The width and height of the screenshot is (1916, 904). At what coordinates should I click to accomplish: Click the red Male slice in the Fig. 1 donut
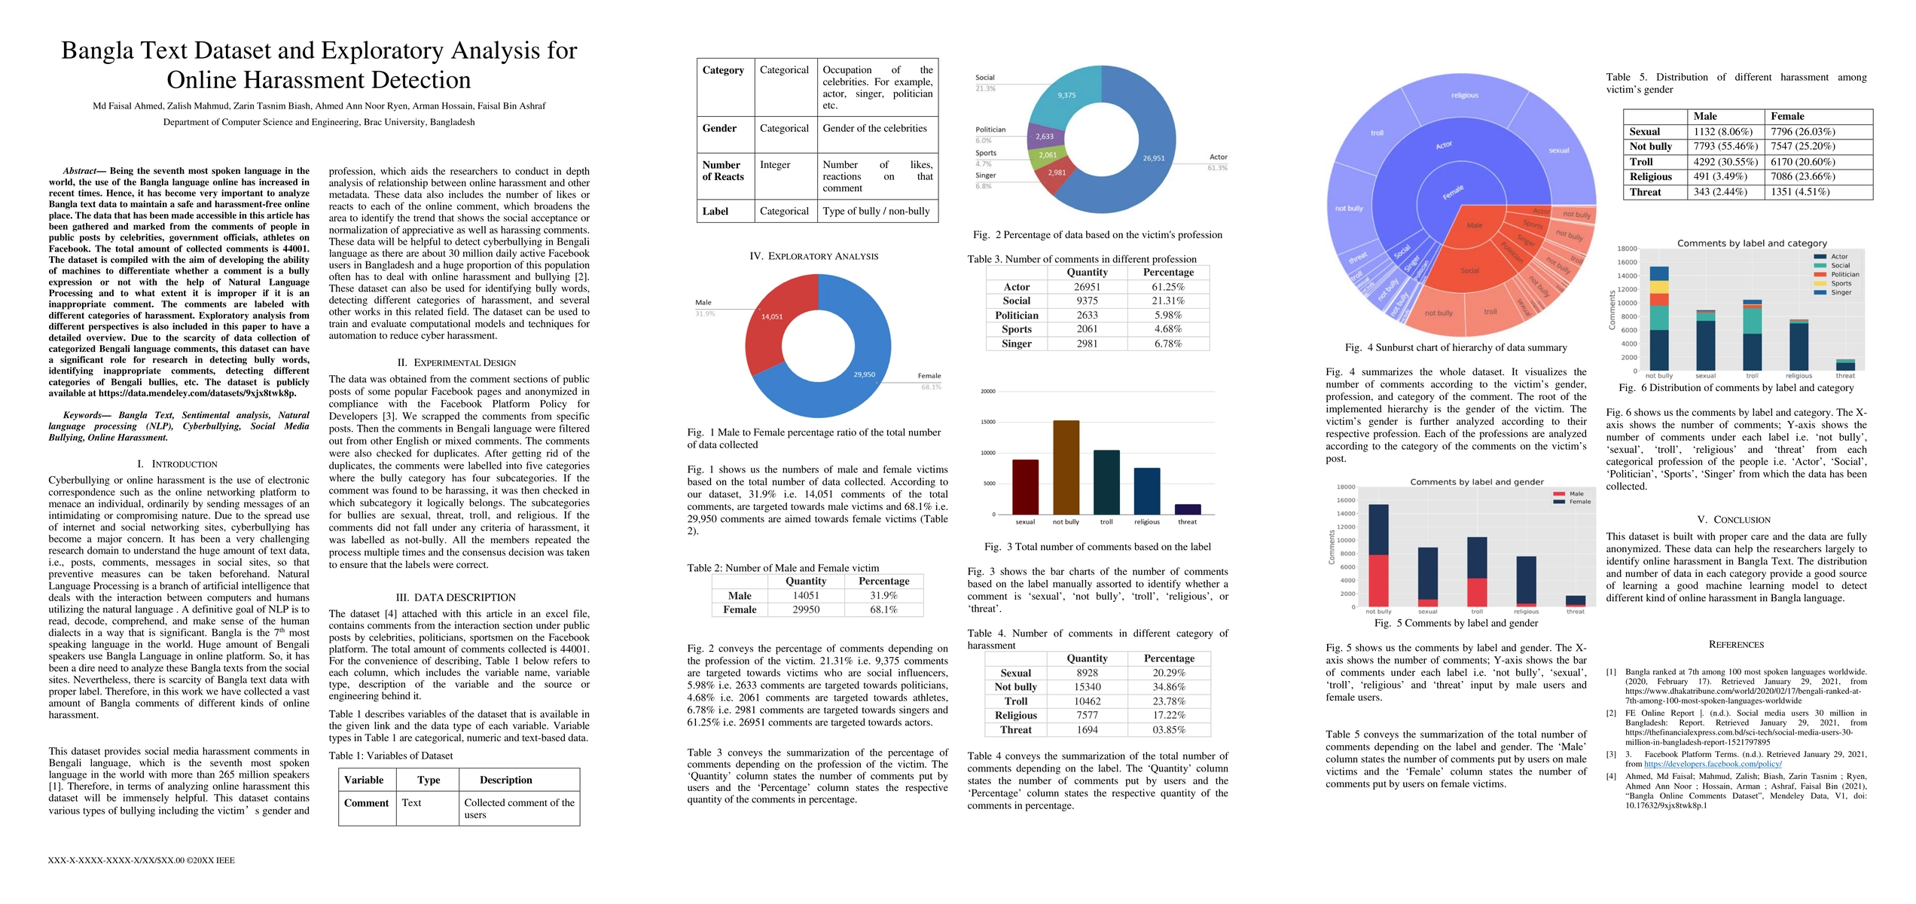(772, 324)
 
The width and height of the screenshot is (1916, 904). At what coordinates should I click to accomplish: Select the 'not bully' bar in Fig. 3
(1066, 467)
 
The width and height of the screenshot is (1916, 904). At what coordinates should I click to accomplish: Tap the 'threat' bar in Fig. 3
(1188, 509)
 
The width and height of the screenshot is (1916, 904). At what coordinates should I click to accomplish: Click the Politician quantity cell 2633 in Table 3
(1087, 315)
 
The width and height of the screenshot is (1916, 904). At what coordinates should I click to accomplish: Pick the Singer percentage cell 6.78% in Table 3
(1168, 344)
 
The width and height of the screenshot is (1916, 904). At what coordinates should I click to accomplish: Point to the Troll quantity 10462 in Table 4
(1087, 701)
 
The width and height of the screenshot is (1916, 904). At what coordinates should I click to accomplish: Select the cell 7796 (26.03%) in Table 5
(1802, 132)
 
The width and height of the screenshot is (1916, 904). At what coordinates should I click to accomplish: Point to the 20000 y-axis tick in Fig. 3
(987, 392)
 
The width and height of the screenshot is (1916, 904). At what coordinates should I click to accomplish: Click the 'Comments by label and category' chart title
(1752, 243)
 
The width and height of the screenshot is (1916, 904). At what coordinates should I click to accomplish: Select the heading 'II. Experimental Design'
(457, 362)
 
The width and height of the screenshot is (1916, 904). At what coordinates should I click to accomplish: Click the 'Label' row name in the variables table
(715, 212)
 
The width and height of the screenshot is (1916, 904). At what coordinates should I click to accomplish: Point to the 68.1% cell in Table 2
(883, 609)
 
